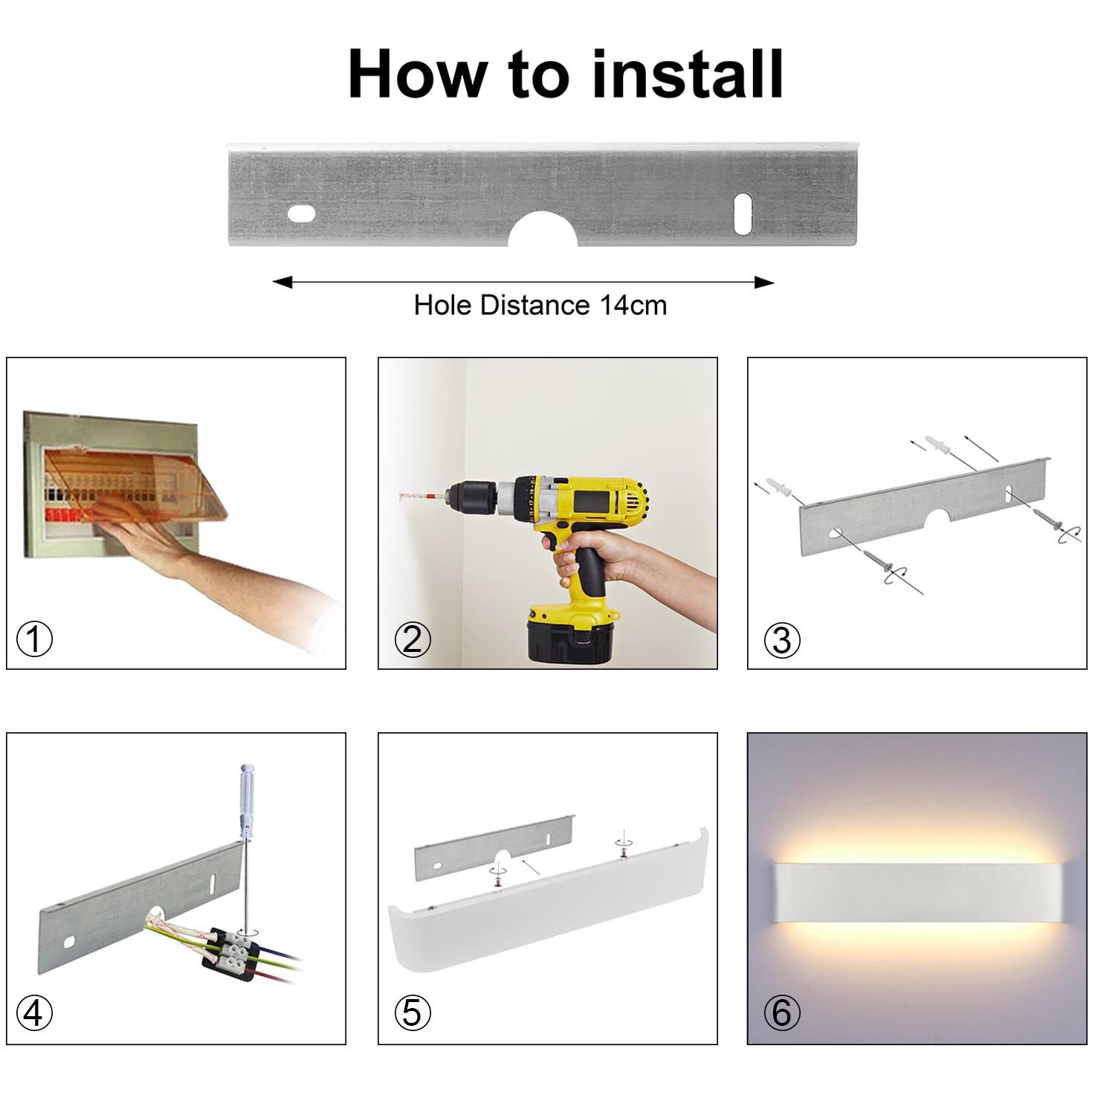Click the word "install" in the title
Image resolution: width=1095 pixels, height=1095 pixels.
[688, 74]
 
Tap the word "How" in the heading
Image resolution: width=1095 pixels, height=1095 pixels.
[419, 74]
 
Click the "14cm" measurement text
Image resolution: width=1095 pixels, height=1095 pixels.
[633, 305]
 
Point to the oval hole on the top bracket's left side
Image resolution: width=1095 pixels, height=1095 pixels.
[301, 214]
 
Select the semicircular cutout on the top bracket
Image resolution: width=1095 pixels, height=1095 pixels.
[543, 230]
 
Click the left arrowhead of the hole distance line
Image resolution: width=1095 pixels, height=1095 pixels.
[282, 282]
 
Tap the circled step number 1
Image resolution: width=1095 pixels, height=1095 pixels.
[34, 639]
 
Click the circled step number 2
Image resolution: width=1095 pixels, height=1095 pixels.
[413, 639]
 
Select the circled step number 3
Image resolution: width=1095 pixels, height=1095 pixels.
[782, 640]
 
